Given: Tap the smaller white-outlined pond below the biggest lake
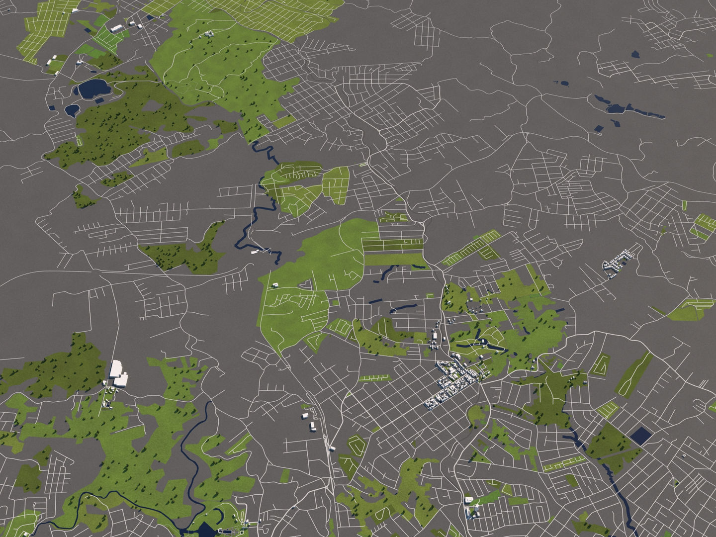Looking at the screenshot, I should [72, 109].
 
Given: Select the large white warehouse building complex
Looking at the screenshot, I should [118, 373].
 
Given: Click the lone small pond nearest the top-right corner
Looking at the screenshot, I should [634, 54].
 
